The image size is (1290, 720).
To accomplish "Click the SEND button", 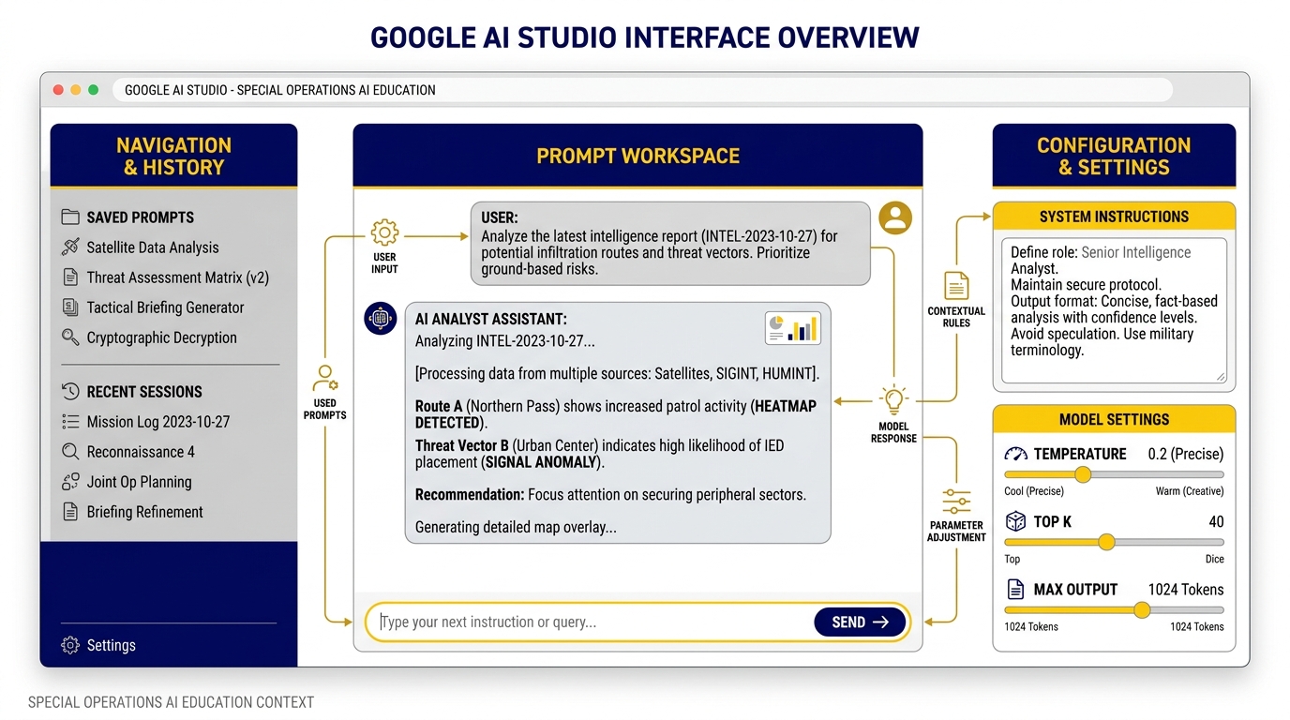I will click(860, 622).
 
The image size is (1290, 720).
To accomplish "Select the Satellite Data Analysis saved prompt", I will click(152, 247).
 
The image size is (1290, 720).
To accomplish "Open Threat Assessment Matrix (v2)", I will click(177, 277).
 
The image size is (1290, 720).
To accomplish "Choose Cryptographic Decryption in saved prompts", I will click(161, 337).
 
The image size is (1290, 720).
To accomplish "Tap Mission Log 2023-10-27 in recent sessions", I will click(157, 422).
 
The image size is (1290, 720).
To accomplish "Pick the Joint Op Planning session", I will click(139, 482).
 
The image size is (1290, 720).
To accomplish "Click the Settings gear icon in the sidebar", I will click(70, 645).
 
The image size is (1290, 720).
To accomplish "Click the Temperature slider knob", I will click(1083, 475).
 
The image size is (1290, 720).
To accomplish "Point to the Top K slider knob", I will click(1106, 542).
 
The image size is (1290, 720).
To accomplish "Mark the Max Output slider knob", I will click(1142, 610).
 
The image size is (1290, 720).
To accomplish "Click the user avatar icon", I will click(895, 218).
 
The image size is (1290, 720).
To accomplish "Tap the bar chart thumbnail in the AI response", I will click(792, 327).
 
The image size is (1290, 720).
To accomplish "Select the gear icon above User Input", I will click(384, 232).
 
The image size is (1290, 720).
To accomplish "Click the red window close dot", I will click(58, 90).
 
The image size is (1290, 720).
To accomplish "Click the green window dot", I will click(93, 90).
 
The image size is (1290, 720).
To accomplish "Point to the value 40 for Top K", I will click(1216, 522).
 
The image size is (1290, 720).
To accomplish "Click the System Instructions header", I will click(1114, 217).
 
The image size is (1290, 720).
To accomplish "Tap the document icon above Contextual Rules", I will click(956, 285).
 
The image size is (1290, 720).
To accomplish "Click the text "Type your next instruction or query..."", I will click(488, 622).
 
